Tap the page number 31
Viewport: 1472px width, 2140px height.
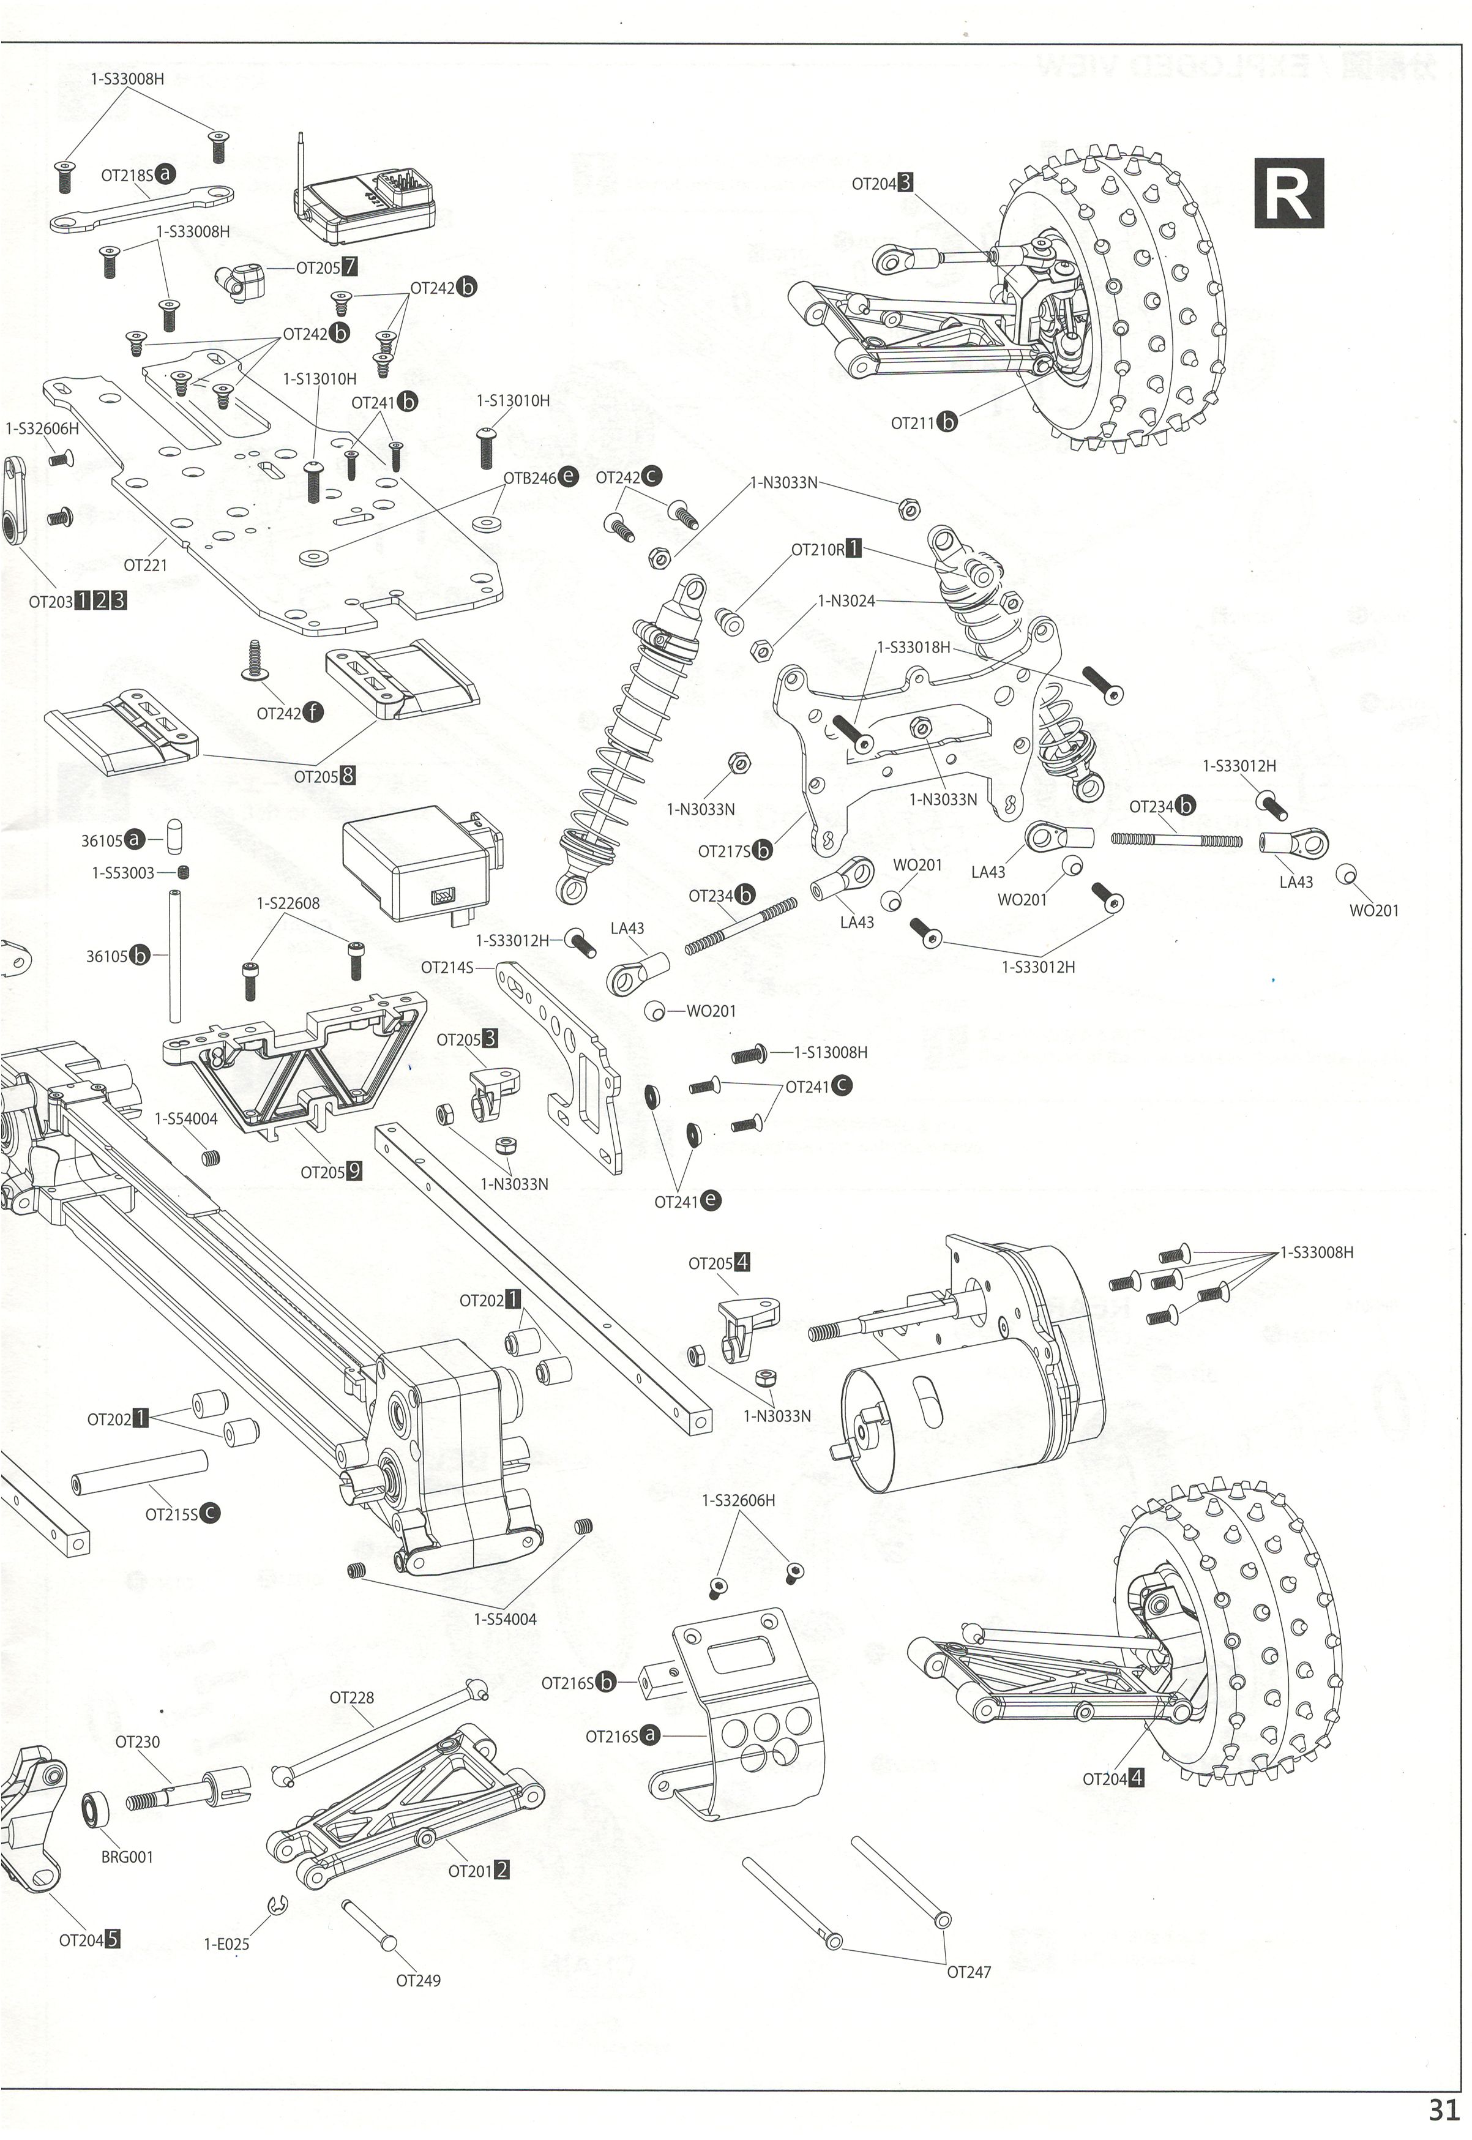[x=1444, y=2109]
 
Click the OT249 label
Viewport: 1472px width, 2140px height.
[x=418, y=1980]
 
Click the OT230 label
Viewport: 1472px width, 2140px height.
[x=138, y=1742]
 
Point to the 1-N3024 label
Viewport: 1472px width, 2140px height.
[x=846, y=601]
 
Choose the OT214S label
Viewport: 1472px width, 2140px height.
[x=447, y=968]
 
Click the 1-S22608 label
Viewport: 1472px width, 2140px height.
[x=289, y=903]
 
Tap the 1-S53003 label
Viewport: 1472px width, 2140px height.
[x=122, y=872]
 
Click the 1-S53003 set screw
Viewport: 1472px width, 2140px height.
[x=185, y=872]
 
